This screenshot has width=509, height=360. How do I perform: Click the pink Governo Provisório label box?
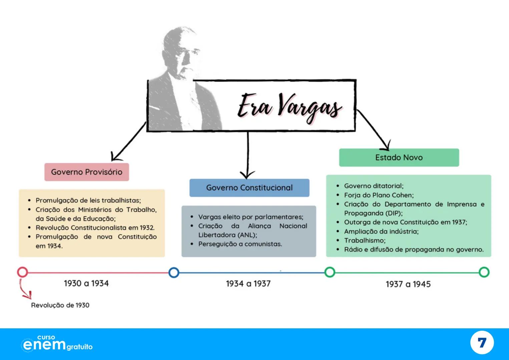86,172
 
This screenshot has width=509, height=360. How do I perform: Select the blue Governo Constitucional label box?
249,188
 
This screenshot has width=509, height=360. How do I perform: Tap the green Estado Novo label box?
399,157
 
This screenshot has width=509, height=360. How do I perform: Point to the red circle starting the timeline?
22,272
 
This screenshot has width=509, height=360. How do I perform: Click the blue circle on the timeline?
173,272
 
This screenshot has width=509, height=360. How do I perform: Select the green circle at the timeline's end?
484,272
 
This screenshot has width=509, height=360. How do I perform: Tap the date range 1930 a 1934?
86,283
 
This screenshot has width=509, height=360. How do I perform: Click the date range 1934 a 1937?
248,284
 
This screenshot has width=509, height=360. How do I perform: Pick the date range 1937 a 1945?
408,284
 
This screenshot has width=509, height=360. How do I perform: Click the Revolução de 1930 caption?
60,305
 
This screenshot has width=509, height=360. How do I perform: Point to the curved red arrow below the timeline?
24,290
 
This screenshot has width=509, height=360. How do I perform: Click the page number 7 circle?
482,343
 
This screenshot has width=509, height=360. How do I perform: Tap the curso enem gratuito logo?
57,344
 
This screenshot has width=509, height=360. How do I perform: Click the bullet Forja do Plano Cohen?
379,195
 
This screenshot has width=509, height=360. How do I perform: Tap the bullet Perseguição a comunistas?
240,244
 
